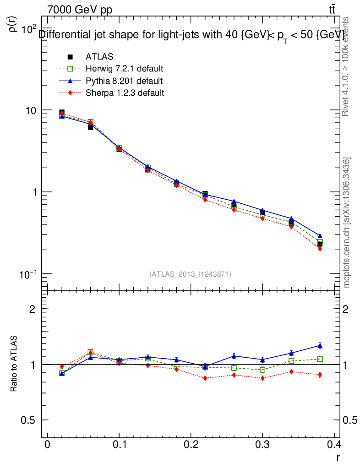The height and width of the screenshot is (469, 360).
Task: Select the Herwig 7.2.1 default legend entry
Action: click(124, 69)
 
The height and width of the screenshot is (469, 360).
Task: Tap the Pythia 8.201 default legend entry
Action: click(124, 81)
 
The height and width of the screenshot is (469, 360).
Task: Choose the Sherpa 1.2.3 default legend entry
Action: click(125, 93)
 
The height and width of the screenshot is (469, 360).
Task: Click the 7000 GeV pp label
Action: click(80, 10)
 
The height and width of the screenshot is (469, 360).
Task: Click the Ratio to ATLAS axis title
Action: click(14, 365)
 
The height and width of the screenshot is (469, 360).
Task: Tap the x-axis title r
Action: click(338, 457)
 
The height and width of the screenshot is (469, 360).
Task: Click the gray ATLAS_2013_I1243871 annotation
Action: click(190, 274)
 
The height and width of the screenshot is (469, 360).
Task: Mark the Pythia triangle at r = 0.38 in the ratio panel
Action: click(320, 345)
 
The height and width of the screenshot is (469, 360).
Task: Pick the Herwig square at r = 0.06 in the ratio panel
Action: click(91, 352)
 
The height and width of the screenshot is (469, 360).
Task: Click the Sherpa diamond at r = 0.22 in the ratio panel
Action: click(205, 378)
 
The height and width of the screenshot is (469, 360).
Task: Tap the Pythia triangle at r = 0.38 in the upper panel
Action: click(320, 236)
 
